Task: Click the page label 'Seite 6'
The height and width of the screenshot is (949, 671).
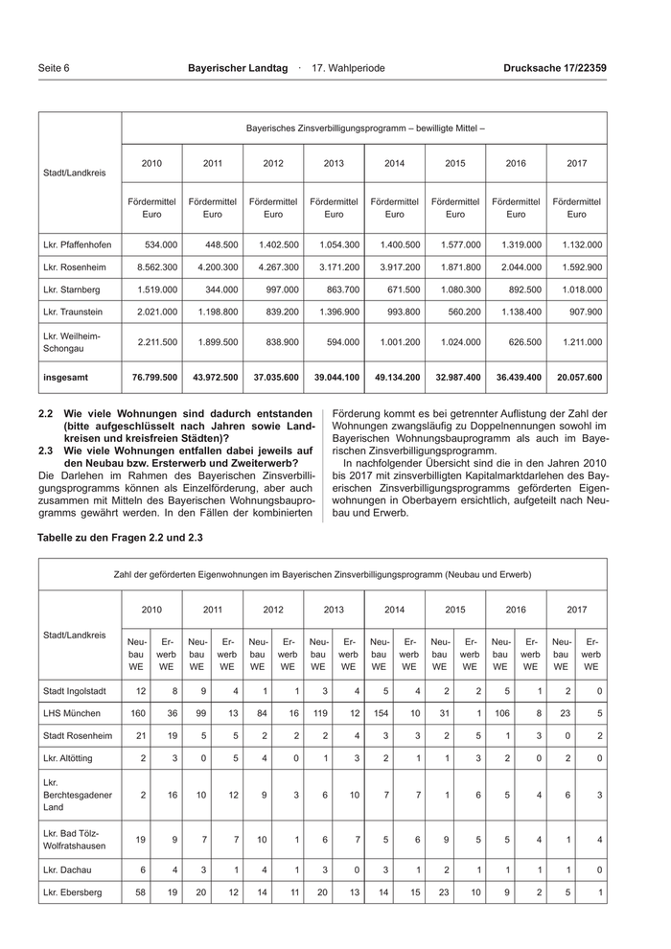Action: pyautogui.click(x=54, y=68)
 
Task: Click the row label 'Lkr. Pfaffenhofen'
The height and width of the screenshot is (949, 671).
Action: pyautogui.click(x=80, y=244)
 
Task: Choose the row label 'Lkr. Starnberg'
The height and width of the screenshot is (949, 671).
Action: pyautogui.click(x=72, y=289)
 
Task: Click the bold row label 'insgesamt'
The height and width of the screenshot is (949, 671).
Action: pyautogui.click(x=66, y=378)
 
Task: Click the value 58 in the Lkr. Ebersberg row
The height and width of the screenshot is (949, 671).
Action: pyautogui.click(x=140, y=893)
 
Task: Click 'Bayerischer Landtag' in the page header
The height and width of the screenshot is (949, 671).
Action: pyautogui.click(x=238, y=68)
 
